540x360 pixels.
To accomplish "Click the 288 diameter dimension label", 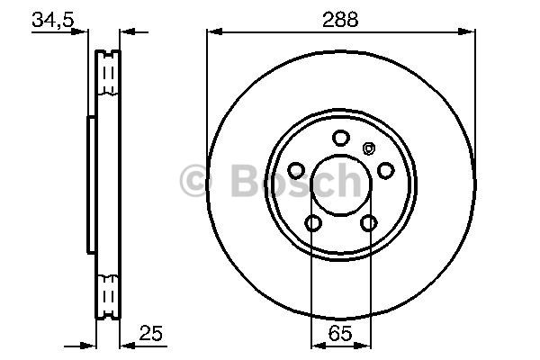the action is (x=340, y=20).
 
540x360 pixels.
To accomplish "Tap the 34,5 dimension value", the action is (x=53, y=19).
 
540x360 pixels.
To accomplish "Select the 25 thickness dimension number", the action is (x=151, y=333).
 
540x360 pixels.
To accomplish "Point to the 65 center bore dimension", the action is (x=340, y=333).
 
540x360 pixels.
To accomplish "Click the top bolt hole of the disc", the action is (x=341, y=138).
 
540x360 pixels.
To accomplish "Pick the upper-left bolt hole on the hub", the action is (x=296, y=170).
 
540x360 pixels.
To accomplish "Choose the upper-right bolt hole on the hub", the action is (x=386, y=170).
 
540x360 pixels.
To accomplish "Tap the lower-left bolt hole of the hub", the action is (x=313, y=223).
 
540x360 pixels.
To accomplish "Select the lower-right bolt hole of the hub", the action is (x=368, y=223).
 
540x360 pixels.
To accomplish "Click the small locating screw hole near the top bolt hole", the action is (x=368, y=148).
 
